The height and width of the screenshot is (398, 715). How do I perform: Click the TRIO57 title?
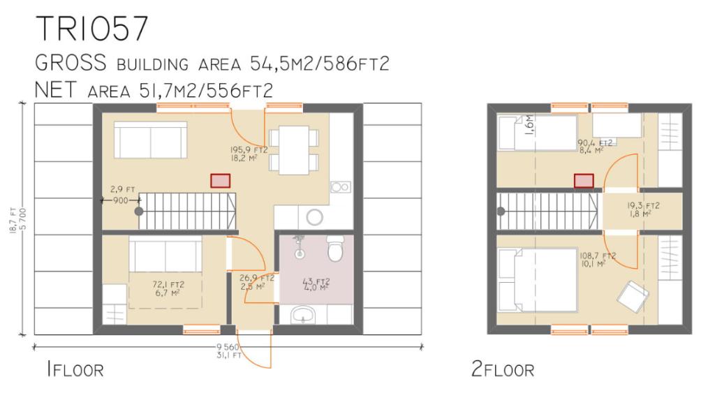92,29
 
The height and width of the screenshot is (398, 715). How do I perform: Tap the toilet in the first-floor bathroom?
335,249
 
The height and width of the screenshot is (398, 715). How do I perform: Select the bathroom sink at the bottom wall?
304,316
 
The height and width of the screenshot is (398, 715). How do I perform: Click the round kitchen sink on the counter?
314,217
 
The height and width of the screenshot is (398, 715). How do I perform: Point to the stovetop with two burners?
340,186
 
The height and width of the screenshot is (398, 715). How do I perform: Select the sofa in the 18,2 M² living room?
150,140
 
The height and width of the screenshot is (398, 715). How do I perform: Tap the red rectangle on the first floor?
220,181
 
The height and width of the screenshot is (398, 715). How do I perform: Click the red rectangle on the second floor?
584,181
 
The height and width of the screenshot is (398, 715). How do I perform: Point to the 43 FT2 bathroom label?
316,282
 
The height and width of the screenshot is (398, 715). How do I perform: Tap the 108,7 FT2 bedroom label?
596,256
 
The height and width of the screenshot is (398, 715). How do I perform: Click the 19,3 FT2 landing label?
642,206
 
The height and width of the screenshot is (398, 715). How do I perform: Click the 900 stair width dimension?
121,200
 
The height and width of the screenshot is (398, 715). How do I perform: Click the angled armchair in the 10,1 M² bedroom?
632,294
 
